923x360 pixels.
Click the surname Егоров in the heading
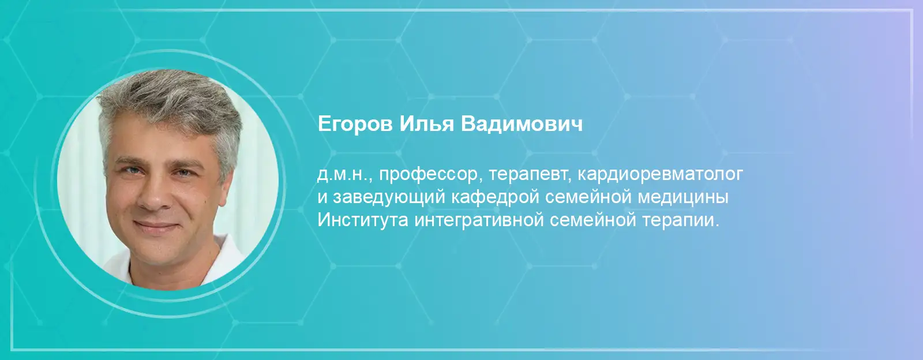(x=355, y=124)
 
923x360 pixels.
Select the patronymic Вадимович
(x=521, y=123)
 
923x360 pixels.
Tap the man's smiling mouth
(x=156, y=226)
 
